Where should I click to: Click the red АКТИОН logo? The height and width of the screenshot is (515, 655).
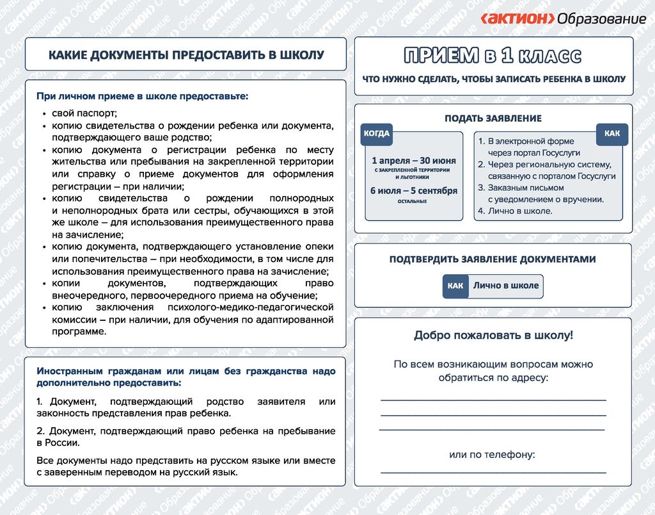(517, 19)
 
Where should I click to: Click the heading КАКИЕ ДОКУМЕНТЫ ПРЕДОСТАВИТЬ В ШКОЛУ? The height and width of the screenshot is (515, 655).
(186, 55)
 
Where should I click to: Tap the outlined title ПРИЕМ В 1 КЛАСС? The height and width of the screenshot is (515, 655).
(493, 56)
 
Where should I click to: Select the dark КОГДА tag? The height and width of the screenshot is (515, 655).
(376, 134)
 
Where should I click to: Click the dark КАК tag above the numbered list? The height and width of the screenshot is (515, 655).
(612, 134)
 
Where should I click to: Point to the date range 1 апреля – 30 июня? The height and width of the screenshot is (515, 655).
(414, 160)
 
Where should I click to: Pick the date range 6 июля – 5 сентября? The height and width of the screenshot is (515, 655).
(414, 190)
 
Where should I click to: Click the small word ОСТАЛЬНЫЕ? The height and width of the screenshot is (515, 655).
(412, 201)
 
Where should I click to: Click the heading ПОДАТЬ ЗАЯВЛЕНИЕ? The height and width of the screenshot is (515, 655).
(493, 118)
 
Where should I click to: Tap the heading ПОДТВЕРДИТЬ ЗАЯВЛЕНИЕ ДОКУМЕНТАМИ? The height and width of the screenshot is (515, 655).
(493, 259)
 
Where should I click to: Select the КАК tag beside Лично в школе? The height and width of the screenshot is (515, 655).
(455, 286)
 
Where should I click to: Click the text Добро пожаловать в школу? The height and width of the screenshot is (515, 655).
(493, 335)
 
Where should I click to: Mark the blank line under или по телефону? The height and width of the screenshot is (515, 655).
(493, 472)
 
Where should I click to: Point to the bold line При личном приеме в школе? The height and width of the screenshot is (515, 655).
(142, 97)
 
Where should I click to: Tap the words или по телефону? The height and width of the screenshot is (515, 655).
(492, 455)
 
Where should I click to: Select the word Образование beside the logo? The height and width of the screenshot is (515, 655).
(601, 19)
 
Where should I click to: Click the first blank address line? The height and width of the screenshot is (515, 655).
(493, 399)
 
